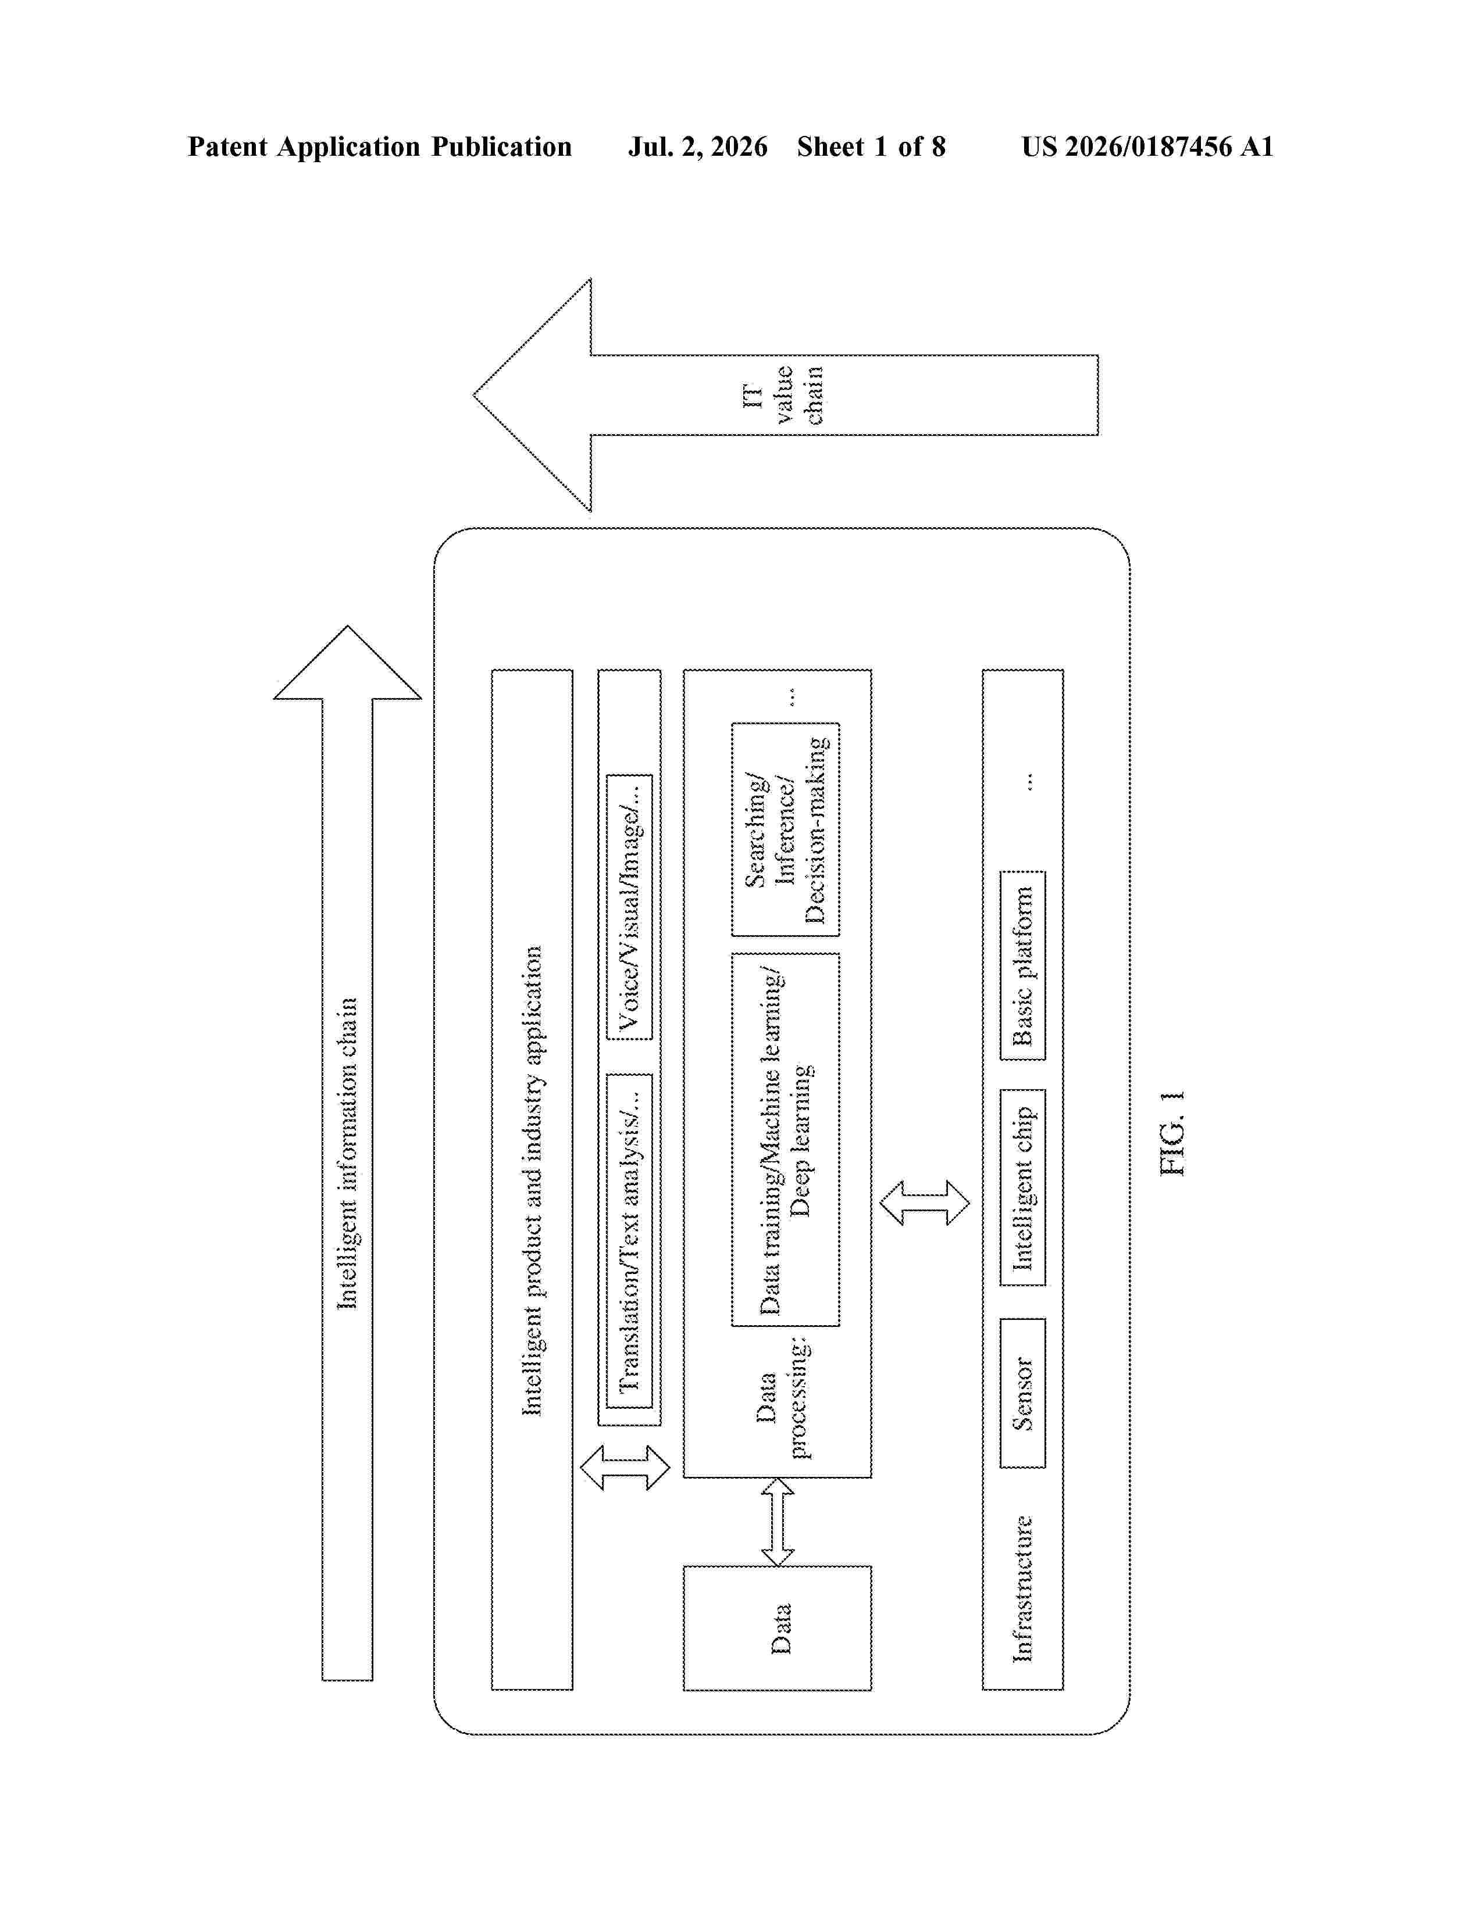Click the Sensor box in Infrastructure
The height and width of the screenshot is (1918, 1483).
(x=1022, y=1393)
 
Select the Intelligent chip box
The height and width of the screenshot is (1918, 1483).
(x=1022, y=1187)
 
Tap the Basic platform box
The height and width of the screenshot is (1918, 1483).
(x=1022, y=965)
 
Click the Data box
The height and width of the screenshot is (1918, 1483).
(x=778, y=1627)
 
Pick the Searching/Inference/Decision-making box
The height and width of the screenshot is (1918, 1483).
(x=786, y=829)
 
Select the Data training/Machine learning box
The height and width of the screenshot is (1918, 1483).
(x=786, y=1139)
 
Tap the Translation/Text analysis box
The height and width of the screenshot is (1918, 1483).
(x=629, y=1240)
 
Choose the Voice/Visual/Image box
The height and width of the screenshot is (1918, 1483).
(x=629, y=906)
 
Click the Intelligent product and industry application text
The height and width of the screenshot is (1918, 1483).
(x=532, y=1180)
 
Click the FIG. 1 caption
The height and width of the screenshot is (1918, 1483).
(x=1173, y=1133)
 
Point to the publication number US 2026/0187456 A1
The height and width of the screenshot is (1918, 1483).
(x=1147, y=146)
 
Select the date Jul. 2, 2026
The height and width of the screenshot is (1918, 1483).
(x=697, y=146)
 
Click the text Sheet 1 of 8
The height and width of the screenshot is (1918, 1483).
(x=872, y=146)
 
